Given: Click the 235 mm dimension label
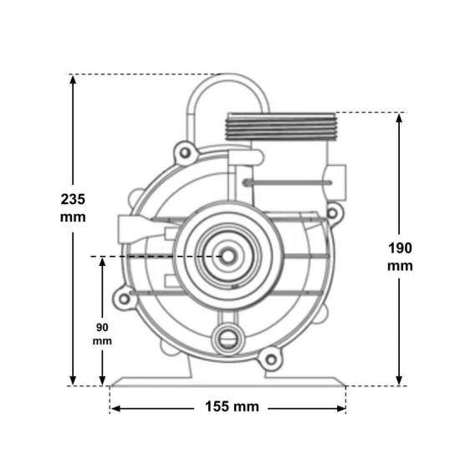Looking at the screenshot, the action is tap(73, 208).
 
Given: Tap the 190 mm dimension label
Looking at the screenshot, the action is tap(400, 257).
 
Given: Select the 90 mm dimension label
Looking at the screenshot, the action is tap(102, 334).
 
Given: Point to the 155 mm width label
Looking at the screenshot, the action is tap(232, 406).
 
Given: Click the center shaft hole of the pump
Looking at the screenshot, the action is tap(228, 257).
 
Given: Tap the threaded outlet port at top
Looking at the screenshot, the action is tap(280, 126).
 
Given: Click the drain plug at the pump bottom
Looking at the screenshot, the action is tap(228, 339).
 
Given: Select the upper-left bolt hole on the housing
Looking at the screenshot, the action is tap(185, 152).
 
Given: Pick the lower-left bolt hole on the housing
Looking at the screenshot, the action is tap(124, 299).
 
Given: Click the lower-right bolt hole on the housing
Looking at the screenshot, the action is tap(271, 360).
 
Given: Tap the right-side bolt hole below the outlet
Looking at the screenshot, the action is tap(332, 213).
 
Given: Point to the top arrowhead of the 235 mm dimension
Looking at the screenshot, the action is tap(73, 79).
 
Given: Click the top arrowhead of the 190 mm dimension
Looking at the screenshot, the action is tap(399, 118).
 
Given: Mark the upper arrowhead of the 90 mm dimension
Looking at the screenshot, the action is tap(102, 262).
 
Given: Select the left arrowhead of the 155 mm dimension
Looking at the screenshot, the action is tap(116, 408).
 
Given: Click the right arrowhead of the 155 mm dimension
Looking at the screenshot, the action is tap(341, 408).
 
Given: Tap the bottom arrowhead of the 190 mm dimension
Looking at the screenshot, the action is tap(399, 381).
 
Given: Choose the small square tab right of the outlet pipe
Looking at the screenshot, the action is tap(336, 182).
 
